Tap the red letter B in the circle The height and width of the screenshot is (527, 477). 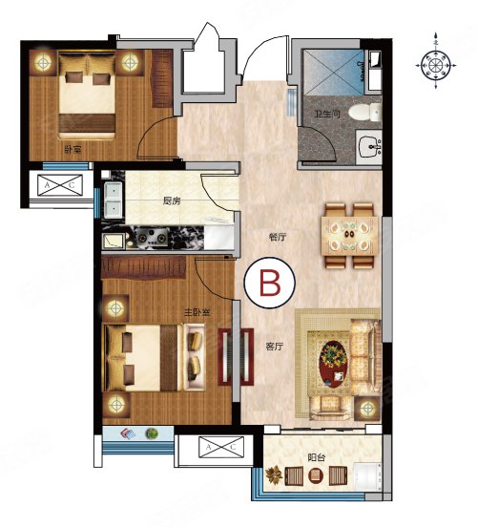click(x=270, y=283)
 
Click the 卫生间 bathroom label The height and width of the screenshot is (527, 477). click(x=327, y=114)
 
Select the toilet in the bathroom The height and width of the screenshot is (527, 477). click(x=365, y=112)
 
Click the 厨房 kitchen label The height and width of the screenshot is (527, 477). click(x=172, y=201)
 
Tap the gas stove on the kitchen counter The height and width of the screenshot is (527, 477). click(x=153, y=237)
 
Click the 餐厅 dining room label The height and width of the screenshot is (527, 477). click(x=278, y=238)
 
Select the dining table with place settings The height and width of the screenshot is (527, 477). click(x=350, y=236)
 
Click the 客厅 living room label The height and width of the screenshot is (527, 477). click(x=275, y=347)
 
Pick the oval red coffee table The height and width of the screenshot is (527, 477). click(x=334, y=363)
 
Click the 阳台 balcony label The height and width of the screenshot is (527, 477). click(x=316, y=457)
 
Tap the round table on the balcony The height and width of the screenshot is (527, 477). click(x=316, y=475)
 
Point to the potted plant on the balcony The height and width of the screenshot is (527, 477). click(x=274, y=474)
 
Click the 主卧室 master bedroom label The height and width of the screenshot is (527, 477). click(x=197, y=312)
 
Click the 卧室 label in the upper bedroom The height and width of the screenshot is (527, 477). click(x=73, y=149)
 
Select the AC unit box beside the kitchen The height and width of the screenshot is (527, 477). click(x=60, y=184)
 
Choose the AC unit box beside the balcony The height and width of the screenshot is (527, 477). click(x=221, y=447)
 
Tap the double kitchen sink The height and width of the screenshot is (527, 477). click(x=113, y=200)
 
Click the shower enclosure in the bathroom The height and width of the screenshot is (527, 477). click(x=333, y=72)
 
